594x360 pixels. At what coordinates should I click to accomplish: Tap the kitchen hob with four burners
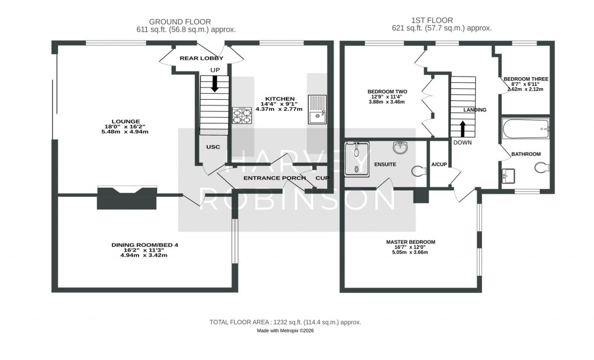coord(242,115)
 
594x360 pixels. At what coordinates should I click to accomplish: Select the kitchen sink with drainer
coord(317,110)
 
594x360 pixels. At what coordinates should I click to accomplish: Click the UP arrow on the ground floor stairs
coord(215,84)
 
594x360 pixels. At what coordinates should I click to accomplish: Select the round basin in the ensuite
coord(399,148)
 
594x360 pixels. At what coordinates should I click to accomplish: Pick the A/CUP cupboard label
coord(439,164)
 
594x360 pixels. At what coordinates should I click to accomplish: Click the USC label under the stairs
coord(213,147)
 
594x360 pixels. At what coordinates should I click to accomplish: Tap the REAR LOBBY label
coord(201,58)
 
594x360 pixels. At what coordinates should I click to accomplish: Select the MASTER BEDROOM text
coord(411,242)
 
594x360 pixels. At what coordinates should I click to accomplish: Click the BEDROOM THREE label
coord(526,79)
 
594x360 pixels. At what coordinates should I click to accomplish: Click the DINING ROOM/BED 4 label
coord(144,245)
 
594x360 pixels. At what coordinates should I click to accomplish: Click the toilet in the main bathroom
coord(541,168)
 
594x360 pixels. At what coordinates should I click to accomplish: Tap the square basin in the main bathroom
coord(508,175)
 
